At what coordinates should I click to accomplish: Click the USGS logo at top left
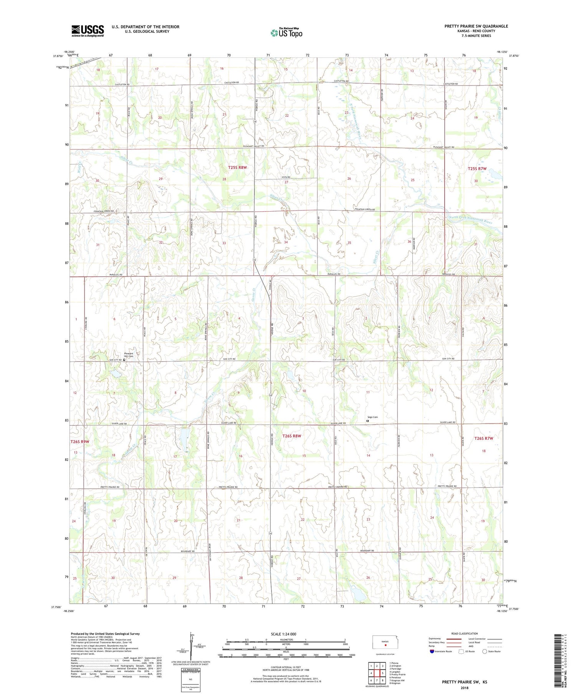(88, 31)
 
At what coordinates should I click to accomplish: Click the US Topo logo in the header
(286, 33)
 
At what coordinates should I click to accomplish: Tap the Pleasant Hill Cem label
(128, 355)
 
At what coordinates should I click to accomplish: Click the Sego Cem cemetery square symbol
(367, 421)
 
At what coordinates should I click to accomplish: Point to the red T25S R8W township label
(237, 168)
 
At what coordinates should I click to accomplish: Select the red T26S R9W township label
(79, 441)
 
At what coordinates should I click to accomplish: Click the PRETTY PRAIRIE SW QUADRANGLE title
(476, 26)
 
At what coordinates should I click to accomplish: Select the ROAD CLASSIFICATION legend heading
(465, 633)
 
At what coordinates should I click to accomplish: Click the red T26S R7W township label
(483, 438)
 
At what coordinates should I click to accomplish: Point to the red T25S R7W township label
(477, 169)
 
